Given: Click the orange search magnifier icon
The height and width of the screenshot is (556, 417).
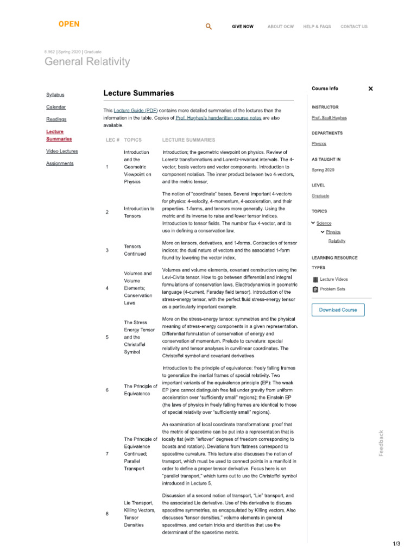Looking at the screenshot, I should point(209,27).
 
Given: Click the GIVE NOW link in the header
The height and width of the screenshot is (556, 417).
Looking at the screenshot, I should point(242,27).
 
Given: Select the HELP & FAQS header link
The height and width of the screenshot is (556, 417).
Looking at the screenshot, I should point(317,27).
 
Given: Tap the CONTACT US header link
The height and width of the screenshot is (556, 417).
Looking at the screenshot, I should point(353,27).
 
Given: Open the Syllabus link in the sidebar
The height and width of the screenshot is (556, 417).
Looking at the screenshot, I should point(55,95).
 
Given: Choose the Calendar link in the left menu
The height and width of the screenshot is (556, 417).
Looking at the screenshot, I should point(56,107).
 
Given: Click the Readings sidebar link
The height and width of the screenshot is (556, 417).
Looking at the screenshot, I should point(56,119).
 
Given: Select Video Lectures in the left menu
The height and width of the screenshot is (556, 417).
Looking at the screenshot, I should point(62,151).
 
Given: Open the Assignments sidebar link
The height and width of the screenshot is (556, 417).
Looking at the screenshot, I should point(60,163).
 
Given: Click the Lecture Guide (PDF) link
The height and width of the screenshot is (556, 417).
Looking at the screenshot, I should point(136,111).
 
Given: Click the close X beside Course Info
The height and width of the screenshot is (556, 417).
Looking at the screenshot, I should point(371,89).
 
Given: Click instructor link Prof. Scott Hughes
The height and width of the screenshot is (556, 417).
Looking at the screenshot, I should point(329,118).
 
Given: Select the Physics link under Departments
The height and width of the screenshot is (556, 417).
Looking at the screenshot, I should point(319,144).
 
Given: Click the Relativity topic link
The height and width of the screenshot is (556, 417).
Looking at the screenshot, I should point(337,241).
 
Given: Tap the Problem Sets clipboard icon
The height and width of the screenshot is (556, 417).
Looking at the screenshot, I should point(315,289).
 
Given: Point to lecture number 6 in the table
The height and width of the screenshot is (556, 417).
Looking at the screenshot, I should point(107,390).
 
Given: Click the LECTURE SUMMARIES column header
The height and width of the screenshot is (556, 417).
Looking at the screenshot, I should point(188,140).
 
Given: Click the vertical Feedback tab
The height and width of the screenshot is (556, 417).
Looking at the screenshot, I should point(381,443).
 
